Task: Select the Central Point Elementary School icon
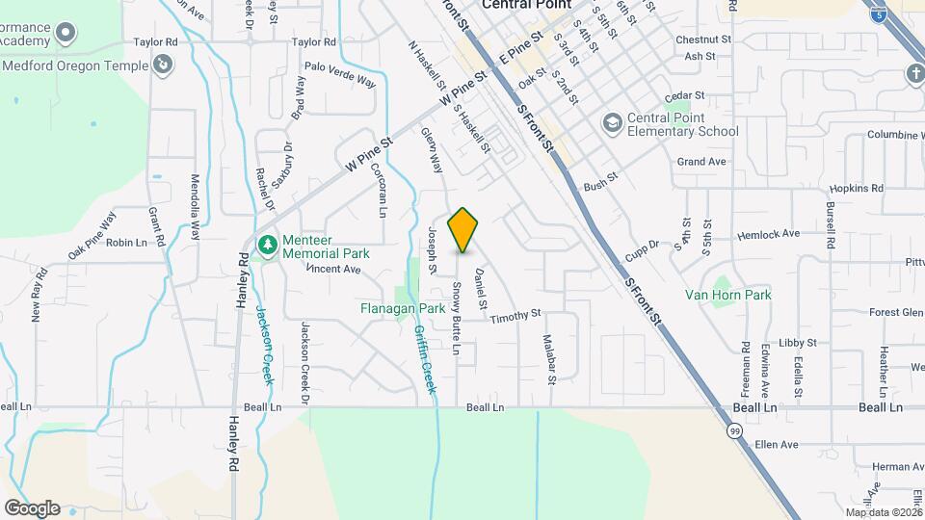(x=612, y=123)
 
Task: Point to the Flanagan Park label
(x=403, y=309)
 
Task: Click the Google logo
(x=32, y=507)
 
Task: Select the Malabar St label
(x=549, y=359)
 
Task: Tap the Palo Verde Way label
(x=339, y=75)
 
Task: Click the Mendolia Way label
(x=195, y=204)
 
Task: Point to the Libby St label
(x=798, y=342)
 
